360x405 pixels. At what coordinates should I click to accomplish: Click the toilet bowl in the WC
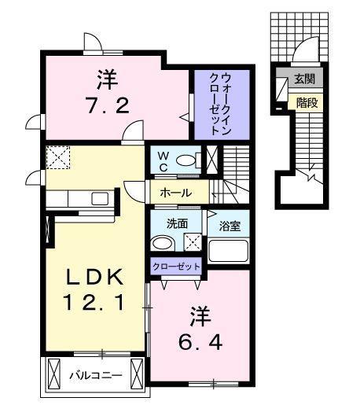[187, 160]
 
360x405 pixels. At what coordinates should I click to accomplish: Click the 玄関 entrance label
[303, 79]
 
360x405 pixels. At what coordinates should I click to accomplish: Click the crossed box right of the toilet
[211, 160]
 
